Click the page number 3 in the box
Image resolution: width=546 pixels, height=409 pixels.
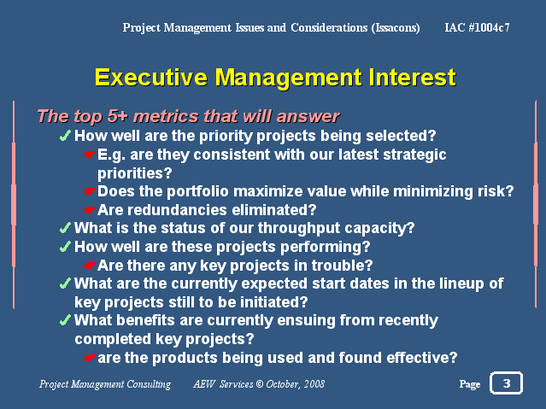point(507,383)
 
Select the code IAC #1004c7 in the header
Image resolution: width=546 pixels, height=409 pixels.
point(477,27)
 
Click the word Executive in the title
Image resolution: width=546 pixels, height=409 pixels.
point(150,77)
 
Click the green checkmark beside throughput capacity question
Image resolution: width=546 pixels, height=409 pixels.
point(65,228)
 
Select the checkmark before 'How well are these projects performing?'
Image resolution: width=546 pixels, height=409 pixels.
point(65,247)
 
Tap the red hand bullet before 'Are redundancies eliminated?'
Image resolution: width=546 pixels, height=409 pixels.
point(89,210)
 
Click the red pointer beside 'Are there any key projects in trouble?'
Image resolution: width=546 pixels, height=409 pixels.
point(89,266)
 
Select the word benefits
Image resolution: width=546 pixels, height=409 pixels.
point(145,320)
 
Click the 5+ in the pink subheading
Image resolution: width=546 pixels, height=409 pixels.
point(117,116)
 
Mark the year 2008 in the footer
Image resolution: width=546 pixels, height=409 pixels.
point(314,384)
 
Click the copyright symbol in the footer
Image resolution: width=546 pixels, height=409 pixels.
point(260,384)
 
